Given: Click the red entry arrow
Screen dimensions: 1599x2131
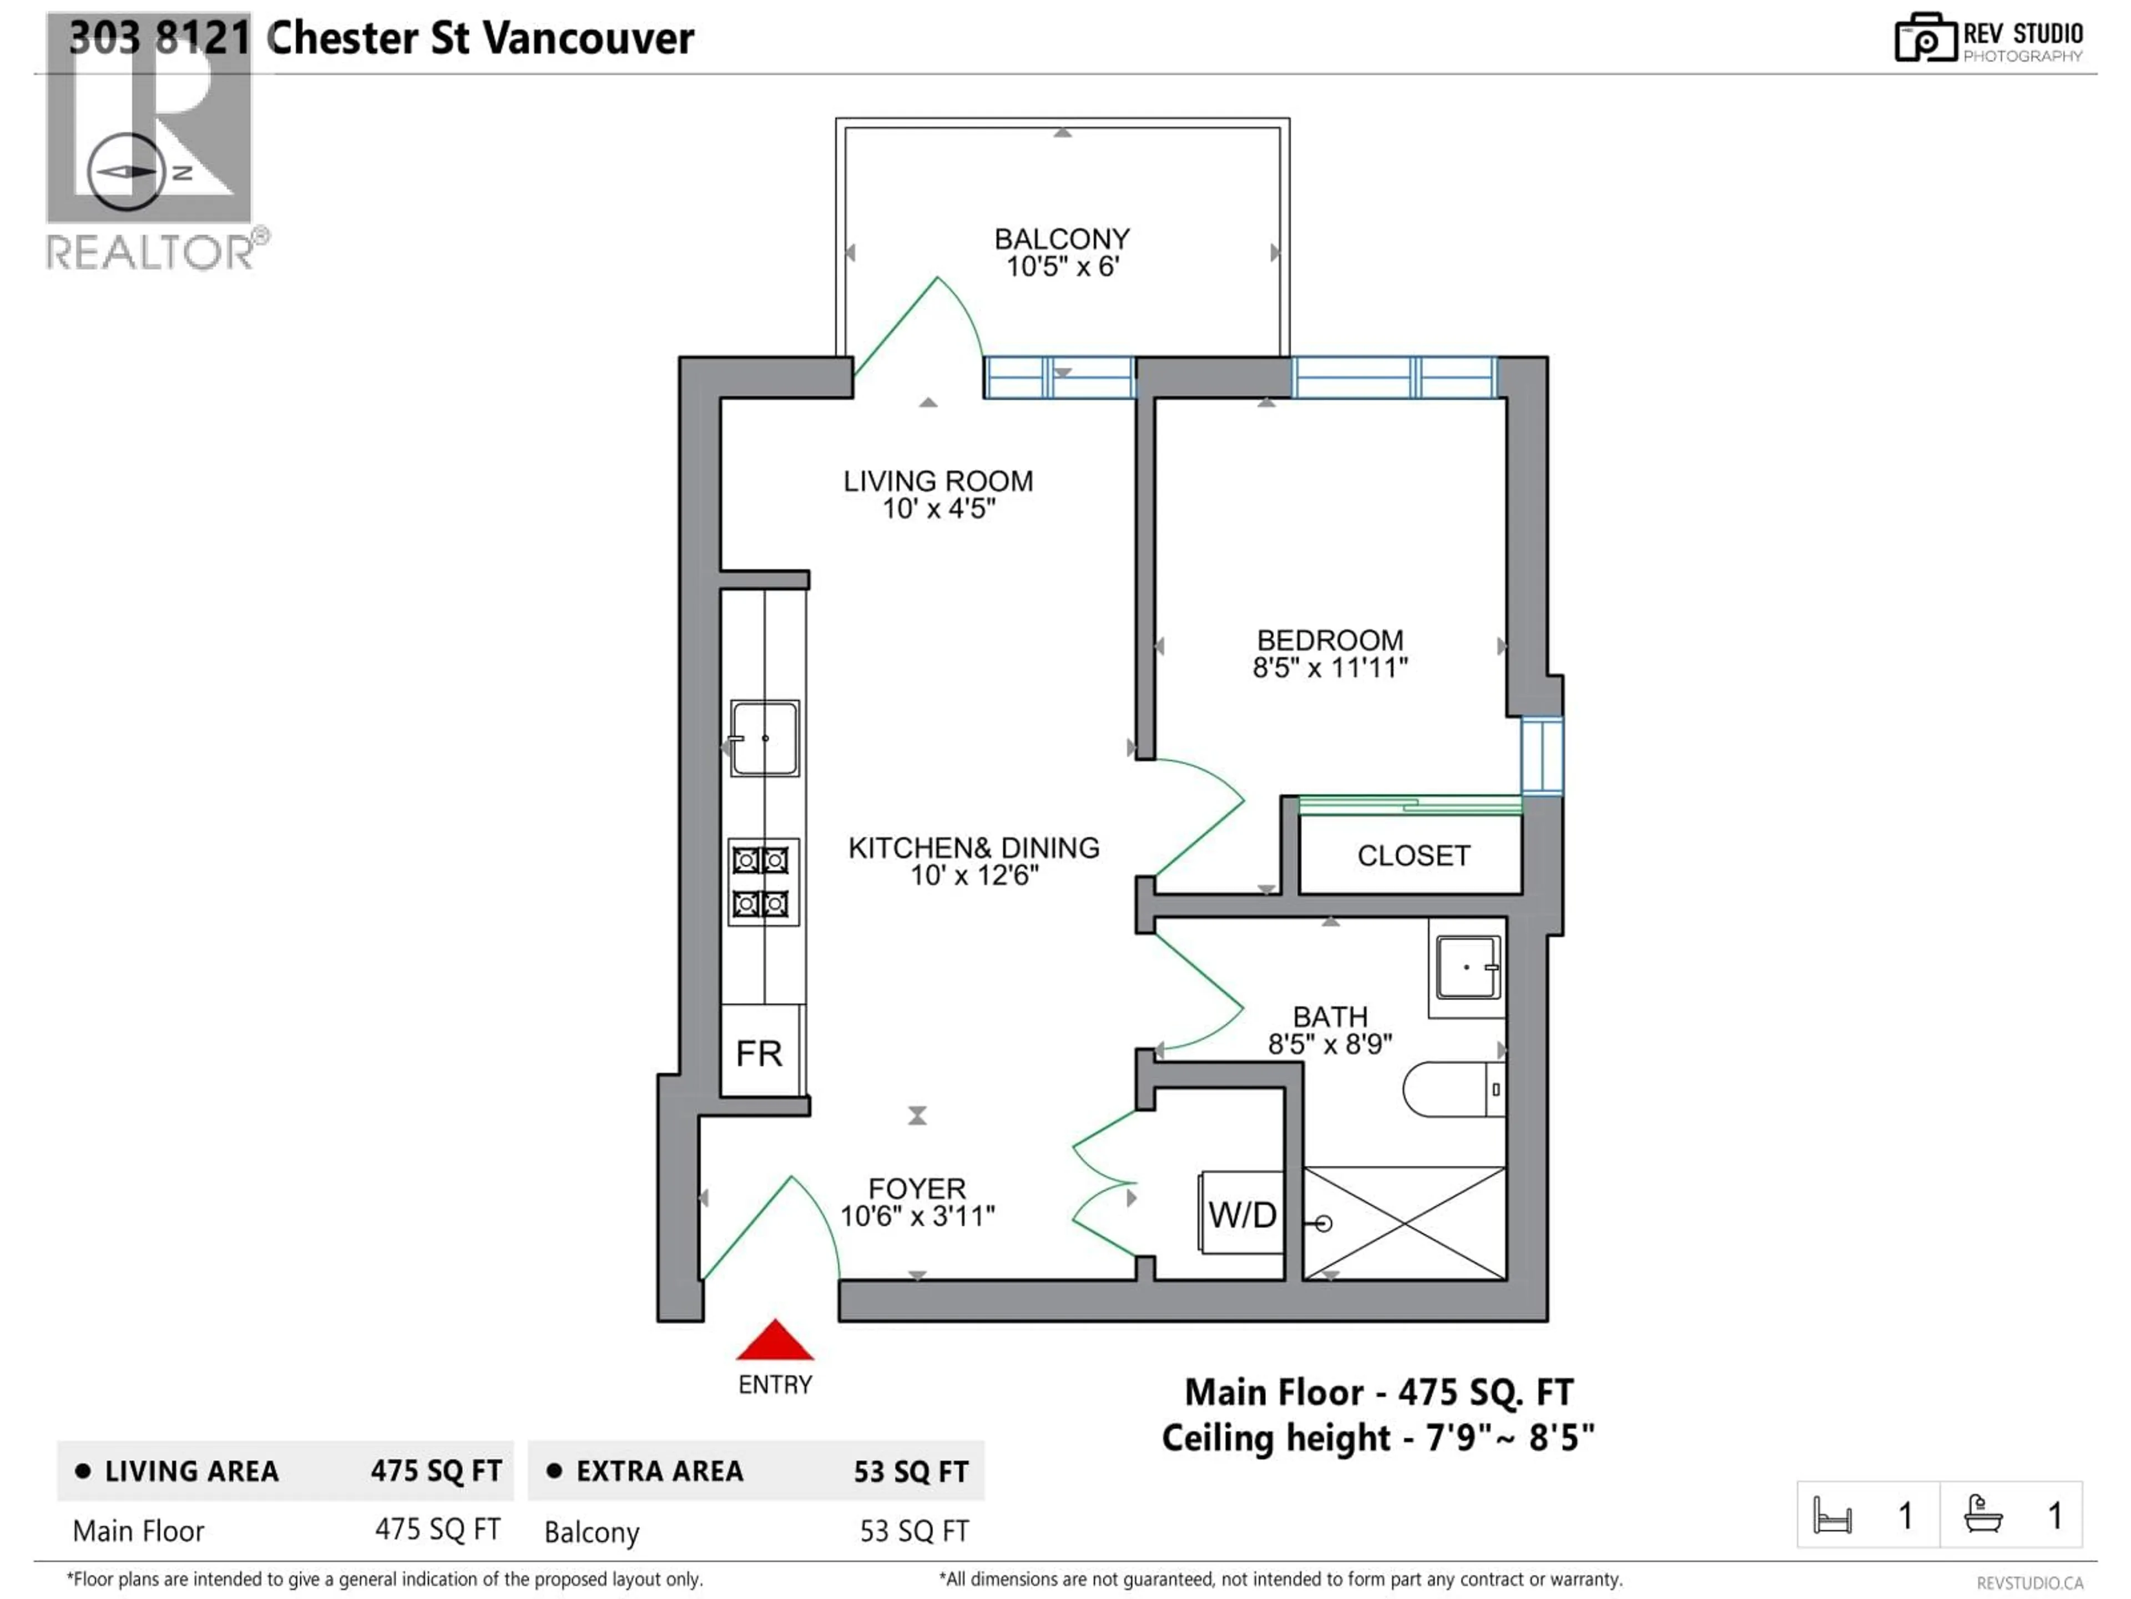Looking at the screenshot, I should click(x=775, y=1341).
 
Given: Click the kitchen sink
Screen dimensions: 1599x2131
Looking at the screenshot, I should click(x=764, y=738).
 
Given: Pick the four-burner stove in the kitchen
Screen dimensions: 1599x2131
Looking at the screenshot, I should click(x=762, y=882).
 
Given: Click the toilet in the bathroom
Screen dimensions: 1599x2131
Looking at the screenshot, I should click(x=1451, y=1089).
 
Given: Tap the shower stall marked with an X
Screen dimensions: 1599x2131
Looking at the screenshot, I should click(x=1403, y=1223).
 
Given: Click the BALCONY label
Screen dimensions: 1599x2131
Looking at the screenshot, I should click(x=1062, y=239).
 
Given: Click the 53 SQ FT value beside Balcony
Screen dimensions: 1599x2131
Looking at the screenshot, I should click(x=913, y=1531).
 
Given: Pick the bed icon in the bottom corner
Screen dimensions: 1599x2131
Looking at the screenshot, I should click(x=1831, y=1515).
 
